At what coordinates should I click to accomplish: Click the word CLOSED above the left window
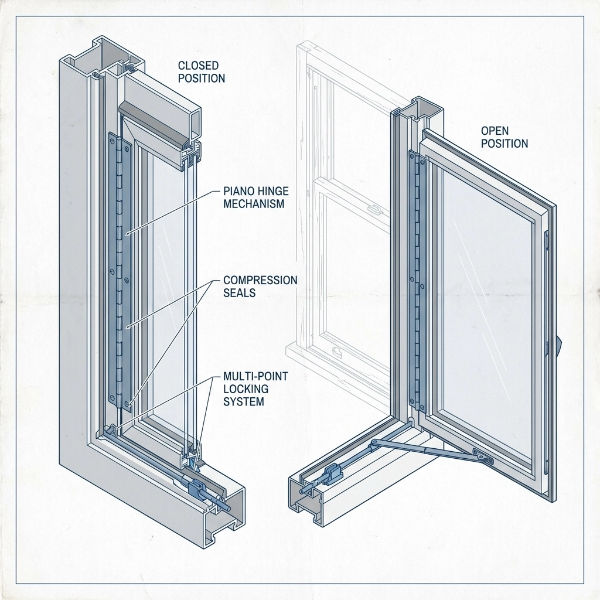coord(197,65)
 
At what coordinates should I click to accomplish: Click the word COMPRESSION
coord(260,280)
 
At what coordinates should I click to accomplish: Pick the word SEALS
coord(240,292)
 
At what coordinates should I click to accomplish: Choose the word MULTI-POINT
coord(256,376)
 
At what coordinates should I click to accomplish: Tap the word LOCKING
coord(244,389)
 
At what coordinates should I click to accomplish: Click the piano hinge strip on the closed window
coord(120,270)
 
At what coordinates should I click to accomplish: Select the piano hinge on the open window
coord(416,281)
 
